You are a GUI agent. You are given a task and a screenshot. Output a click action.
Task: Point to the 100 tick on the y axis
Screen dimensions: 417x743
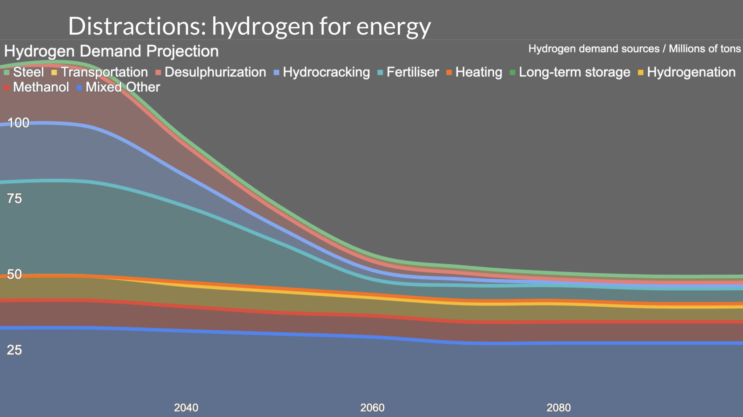click(x=18, y=123)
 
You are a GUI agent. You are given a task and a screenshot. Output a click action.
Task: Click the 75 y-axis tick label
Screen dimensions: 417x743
click(x=14, y=199)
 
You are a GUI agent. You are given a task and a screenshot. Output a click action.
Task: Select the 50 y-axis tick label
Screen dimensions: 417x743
click(x=14, y=274)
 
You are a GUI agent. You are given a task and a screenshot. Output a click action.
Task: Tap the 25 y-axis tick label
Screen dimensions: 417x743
click(x=14, y=350)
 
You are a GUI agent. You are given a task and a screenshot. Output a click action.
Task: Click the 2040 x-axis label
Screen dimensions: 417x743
click(x=186, y=408)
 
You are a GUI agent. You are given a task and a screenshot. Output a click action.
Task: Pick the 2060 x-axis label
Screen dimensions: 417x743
click(x=372, y=408)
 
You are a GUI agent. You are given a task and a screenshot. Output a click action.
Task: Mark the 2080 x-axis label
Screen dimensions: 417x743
click(x=559, y=408)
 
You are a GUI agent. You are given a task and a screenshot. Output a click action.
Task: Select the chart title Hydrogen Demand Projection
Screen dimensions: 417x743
click(x=111, y=51)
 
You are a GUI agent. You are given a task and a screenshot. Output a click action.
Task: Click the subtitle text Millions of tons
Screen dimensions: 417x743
click(x=705, y=49)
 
